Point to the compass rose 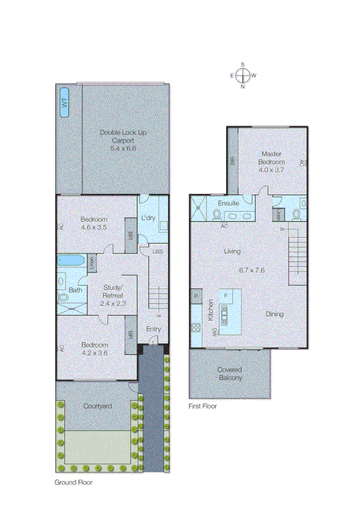[x=243, y=75]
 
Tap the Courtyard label [x=97, y=406]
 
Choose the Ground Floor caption [x=74, y=481]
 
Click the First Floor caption [x=202, y=406]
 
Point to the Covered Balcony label [x=230, y=374]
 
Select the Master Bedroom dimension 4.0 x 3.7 [x=271, y=170]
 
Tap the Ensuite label [x=228, y=203]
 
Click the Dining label [x=275, y=314]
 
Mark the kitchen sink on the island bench [x=225, y=313]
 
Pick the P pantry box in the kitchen [x=196, y=296]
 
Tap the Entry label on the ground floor [x=153, y=329]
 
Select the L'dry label [x=147, y=218]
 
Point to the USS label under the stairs [x=158, y=251]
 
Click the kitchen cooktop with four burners [x=196, y=328]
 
